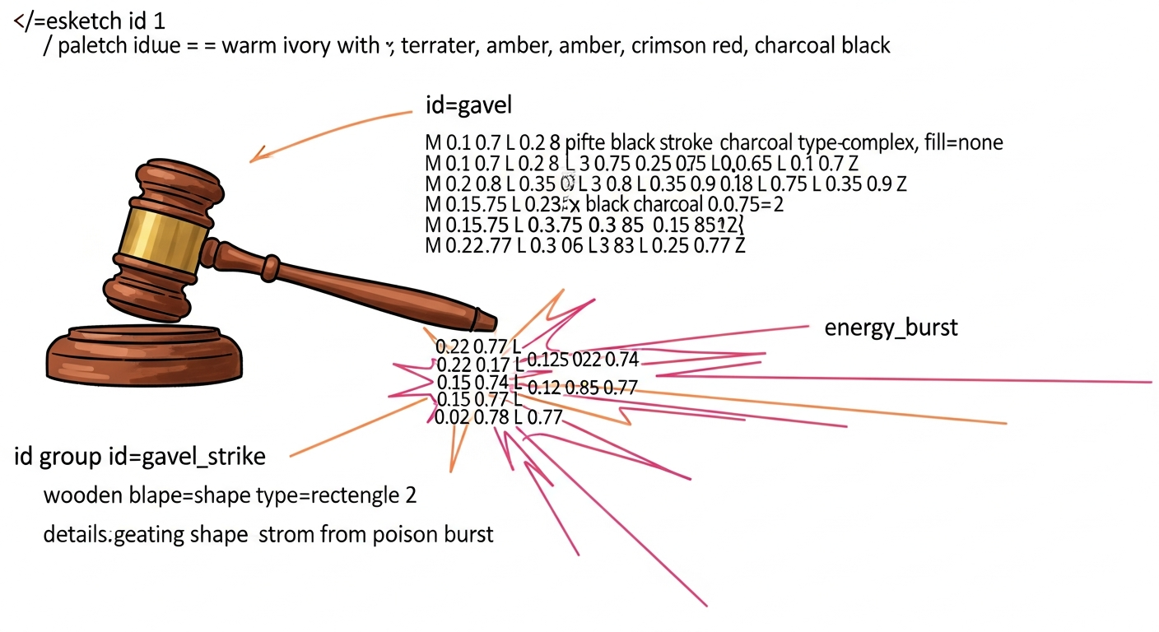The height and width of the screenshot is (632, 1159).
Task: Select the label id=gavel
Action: [469, 105]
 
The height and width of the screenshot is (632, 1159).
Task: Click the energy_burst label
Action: [891, 328]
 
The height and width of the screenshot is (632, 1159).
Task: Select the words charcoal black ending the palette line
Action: [822, 45]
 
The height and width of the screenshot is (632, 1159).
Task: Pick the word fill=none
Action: [963, 143]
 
